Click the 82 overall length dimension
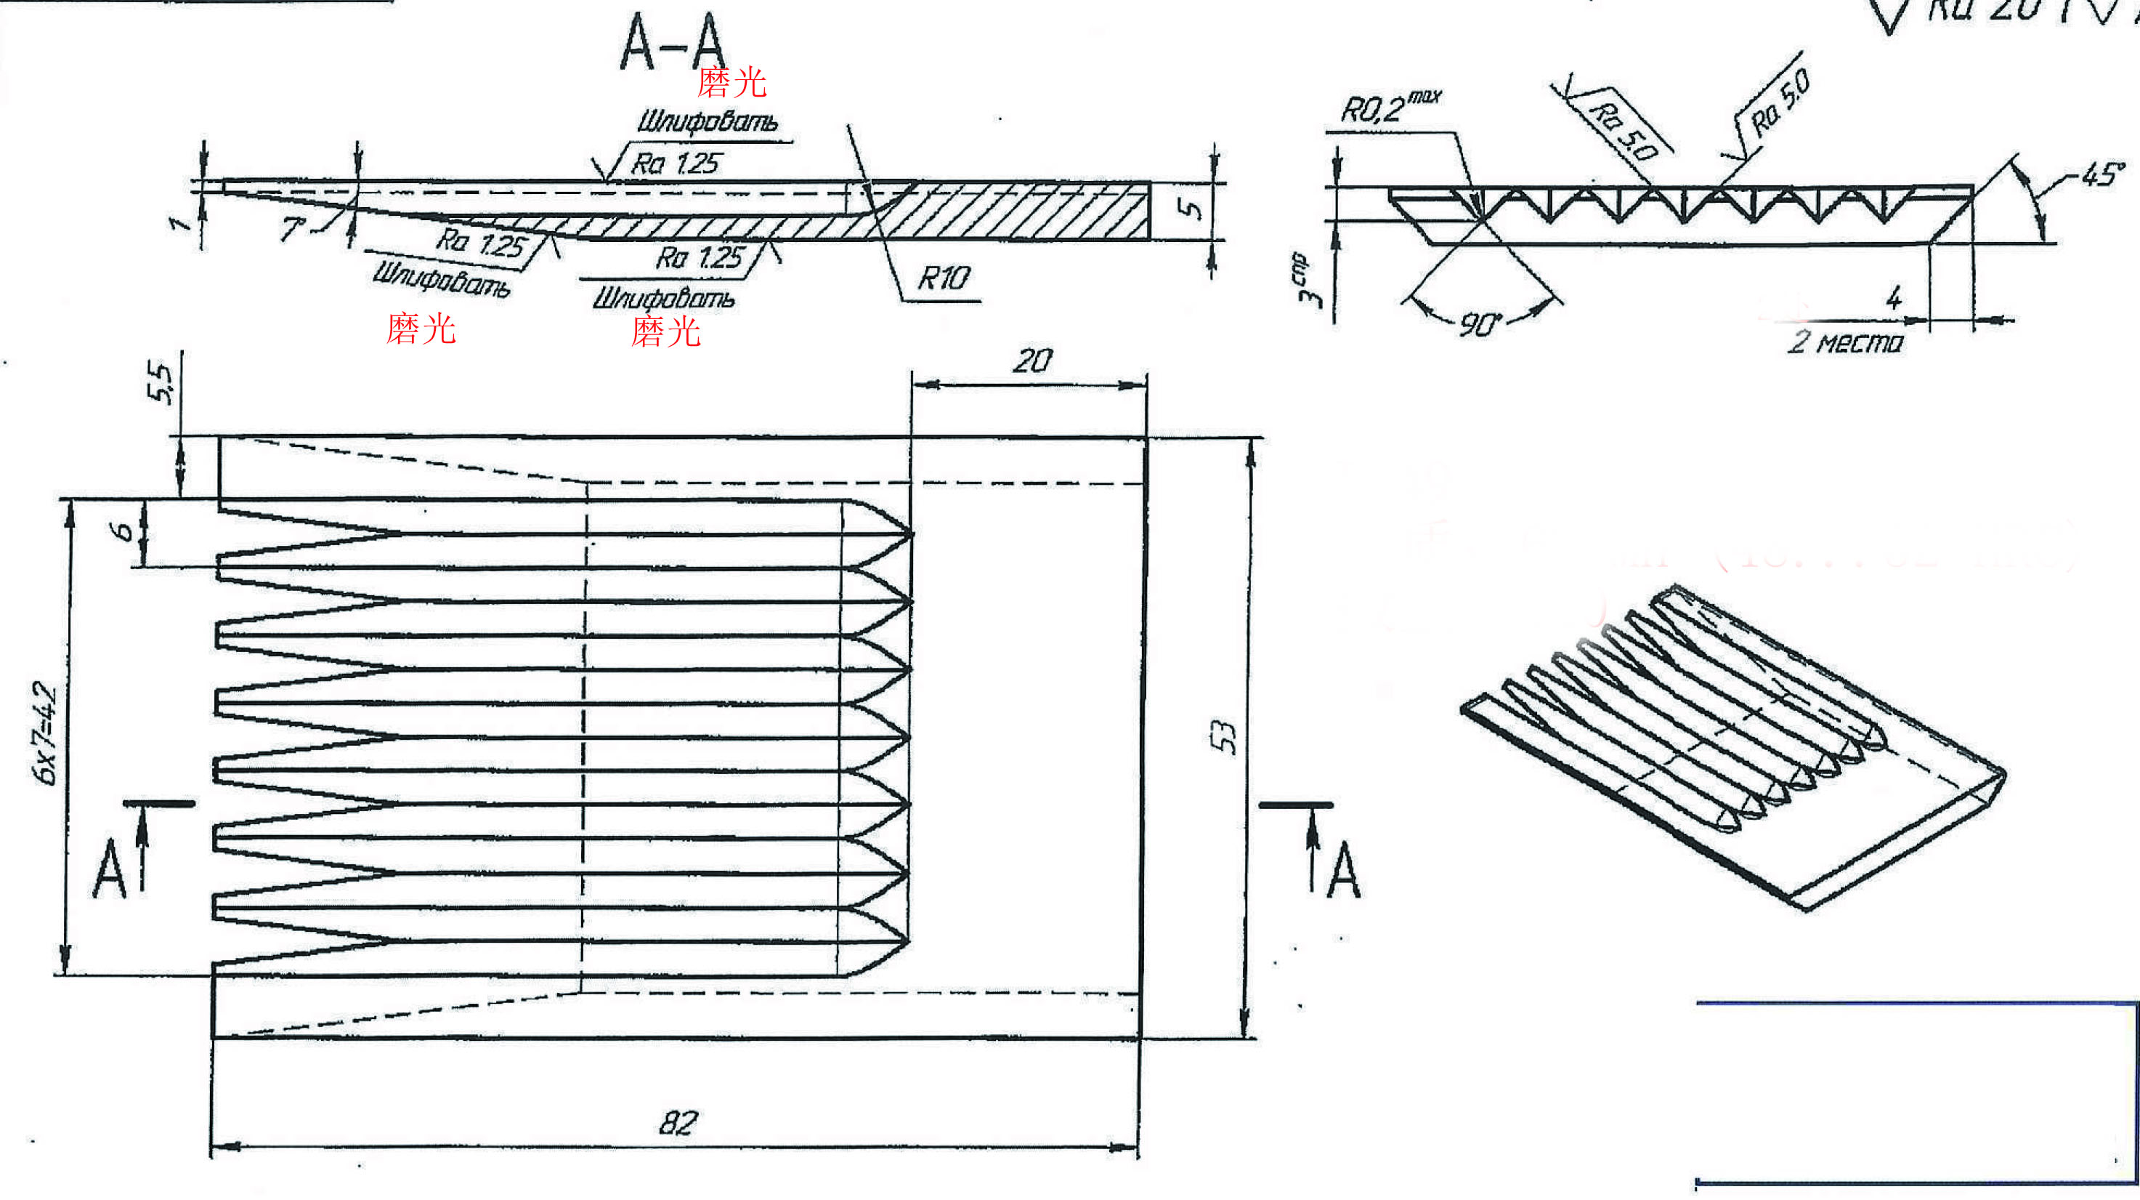pos(678,1123)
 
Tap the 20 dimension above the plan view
pos(1032,361)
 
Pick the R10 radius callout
pos(943,278)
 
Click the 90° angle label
pos(1480,324)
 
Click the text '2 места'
pos(1845,342)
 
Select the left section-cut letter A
pos(109,869)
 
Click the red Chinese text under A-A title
pos(731,81)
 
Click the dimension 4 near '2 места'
pos(1893,297)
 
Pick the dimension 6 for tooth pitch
pos(122,531)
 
